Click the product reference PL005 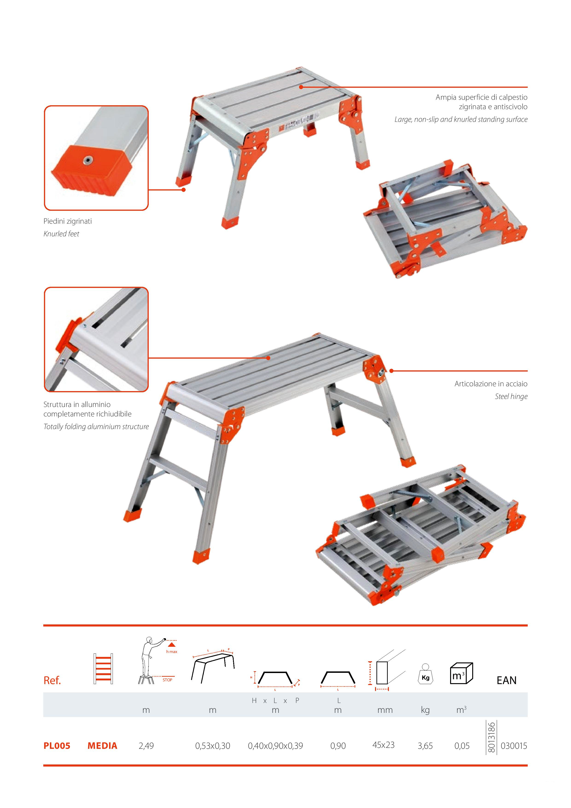point(57,746)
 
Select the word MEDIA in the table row point(102,746)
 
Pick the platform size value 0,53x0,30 point(213,746)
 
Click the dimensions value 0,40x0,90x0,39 point(275,746)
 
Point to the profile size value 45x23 point(384,745)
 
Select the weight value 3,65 point(425,746)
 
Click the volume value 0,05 point(462,746)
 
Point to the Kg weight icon point(425,674)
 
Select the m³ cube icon point(461,673)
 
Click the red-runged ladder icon point(103,669)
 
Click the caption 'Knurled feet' point(61,234)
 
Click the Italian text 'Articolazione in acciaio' point(491,384)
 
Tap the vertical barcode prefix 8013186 point(492,738)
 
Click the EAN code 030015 point(514,746)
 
